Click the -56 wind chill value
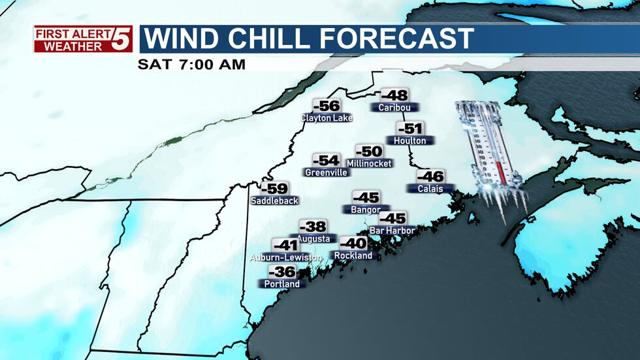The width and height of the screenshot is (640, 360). [327, 106]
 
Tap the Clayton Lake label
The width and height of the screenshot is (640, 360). [327, 118]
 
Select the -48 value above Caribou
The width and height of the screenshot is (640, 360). [394, 95]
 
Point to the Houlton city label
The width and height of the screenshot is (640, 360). [410, 140]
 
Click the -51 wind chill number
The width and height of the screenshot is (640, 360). [410, 129]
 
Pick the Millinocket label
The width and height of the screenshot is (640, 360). [369, 163]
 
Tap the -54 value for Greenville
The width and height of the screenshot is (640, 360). [327, 161]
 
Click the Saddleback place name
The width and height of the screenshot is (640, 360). [274, 201]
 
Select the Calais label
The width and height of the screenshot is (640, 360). [430, 189]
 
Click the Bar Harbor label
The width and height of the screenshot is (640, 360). [393, 231]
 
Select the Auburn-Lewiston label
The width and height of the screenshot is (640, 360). [285, 258]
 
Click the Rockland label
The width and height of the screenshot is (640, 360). [353, 255]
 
